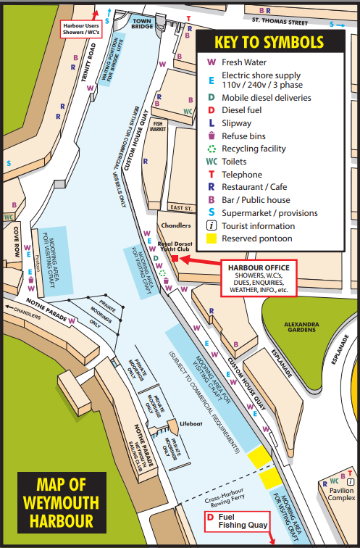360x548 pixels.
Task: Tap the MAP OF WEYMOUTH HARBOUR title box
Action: tap(62, 502)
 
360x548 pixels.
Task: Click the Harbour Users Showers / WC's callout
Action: tap(81, 28)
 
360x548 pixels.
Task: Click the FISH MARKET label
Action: tap(159, 125)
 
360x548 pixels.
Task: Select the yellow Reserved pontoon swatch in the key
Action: tap(210, 238)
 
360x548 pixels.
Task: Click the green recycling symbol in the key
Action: tap(210, 149)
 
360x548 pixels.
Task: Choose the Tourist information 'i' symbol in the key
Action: tap(210, 225)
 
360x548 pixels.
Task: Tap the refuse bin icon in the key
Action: tap(210, 136)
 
